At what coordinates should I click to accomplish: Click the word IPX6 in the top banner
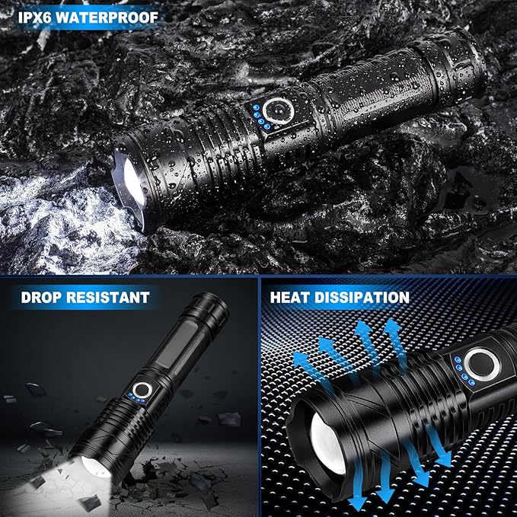tap(34, 18)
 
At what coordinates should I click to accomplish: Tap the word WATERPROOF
tap(107, 18)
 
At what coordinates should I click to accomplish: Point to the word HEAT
tap(289, 298)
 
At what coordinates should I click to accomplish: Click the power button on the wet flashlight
tap(279, 111)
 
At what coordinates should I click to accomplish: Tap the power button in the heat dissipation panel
tap(482, 365)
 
